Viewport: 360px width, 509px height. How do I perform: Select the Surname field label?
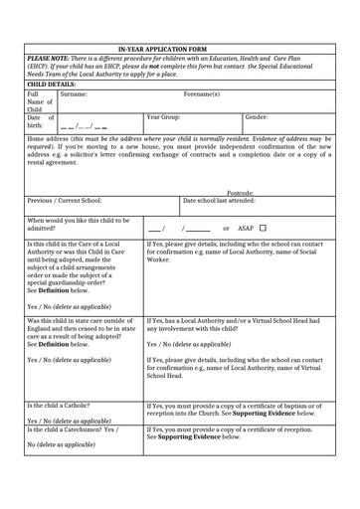click(x=74, y=94)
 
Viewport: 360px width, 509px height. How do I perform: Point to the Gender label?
click(x=256, y=117)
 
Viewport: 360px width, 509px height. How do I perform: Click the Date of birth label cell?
click(x=40, y=121)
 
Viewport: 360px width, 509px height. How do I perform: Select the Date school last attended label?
click(x=219, y=201)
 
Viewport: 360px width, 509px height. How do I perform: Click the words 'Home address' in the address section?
click(x=46, y=139)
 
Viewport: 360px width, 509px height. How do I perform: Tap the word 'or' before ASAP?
click(x=226, y=228)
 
